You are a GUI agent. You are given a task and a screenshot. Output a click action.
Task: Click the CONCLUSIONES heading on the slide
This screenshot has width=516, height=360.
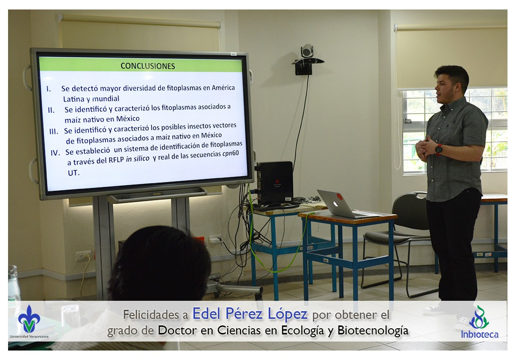148,66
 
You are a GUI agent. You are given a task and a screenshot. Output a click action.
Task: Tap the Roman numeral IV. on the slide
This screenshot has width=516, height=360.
55,153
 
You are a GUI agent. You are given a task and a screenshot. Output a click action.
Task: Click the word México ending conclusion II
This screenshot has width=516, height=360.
128,118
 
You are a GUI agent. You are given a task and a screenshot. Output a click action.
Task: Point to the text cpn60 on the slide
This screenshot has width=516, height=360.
231,153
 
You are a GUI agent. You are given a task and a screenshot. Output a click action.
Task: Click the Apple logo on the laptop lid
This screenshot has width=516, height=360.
335,204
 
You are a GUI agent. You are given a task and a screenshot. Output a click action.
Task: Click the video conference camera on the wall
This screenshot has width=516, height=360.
307,51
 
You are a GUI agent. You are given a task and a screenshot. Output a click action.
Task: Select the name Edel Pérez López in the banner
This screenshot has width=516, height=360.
250,314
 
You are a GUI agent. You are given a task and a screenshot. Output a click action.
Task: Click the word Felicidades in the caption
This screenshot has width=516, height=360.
151,315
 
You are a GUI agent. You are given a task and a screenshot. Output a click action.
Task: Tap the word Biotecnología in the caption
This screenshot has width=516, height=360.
373,330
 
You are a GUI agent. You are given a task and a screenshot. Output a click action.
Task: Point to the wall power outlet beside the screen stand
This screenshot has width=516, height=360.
83,256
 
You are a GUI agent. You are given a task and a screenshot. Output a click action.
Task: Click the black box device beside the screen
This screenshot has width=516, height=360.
275,183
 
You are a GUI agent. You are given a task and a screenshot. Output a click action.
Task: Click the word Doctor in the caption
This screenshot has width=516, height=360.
177,330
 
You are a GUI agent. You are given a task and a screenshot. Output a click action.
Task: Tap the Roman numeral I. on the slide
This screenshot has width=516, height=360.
49,89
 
